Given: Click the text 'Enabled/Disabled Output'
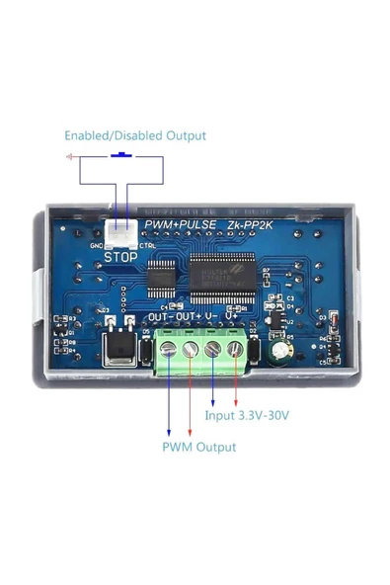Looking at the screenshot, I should coord(135,135).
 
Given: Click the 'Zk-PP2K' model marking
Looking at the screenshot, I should coord(254,225).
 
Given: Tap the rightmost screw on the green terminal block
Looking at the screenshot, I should coord(234,348).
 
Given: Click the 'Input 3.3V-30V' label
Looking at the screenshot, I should coord(247,416).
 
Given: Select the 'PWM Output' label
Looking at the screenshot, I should coord(199,447).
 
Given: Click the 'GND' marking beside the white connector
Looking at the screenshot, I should coord(97,246).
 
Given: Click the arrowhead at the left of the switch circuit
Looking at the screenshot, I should coord(69,156).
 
